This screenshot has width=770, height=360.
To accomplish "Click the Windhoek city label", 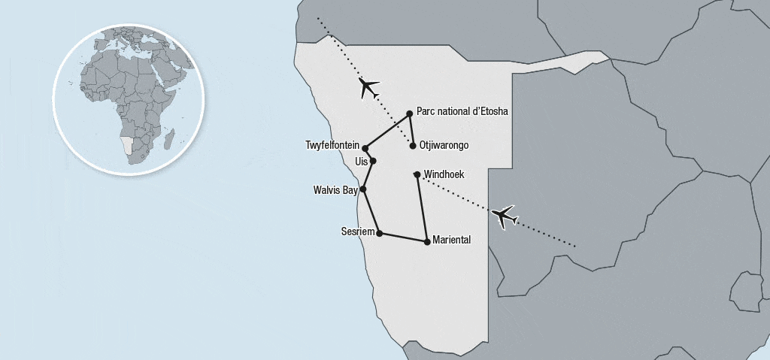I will coord(444,174).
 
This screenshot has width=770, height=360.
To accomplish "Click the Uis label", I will coord(360,161).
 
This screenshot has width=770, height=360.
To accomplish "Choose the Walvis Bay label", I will coord(335,190).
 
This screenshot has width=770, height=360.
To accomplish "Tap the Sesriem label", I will coord(357,232).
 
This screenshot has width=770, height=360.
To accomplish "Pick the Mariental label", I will coord(452,241).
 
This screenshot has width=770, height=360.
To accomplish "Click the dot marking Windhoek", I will coord(417,175).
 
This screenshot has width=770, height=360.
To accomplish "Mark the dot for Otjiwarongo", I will coord(413,146).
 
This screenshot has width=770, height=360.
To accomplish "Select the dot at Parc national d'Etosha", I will coord(410,113).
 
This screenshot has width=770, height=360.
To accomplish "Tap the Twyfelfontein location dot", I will coord(365,148).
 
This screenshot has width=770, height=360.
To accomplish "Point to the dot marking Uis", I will coord(372,161).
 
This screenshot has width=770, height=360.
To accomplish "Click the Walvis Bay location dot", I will coord(363,189).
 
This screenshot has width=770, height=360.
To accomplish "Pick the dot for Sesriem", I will coord(379,233).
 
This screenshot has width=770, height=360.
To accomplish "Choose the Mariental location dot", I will coord(427,241).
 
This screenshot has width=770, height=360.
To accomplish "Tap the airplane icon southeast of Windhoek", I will coord(505,216).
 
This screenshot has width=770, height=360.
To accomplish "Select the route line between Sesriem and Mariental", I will coord(403,237).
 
